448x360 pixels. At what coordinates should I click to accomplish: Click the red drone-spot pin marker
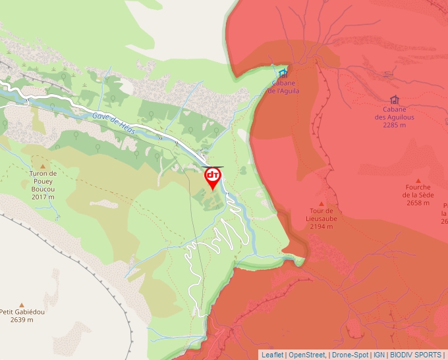[x=213, y=177]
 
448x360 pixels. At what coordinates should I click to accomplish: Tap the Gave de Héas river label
[x=114, y=123]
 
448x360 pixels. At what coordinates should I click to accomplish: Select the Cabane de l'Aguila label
[x=283, y=87]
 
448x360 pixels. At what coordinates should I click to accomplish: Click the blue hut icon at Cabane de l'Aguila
[x=283, y=72]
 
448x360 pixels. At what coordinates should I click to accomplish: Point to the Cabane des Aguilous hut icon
[x=394, y=99]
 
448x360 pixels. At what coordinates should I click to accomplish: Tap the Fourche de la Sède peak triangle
[x=418, y=180]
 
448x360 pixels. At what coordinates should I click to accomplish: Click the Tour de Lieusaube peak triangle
[x=321, y=203]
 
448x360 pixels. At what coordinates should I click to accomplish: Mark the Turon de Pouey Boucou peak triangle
[x=43, y=167]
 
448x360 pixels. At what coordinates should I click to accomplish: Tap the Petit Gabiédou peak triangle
[x=22, y=305]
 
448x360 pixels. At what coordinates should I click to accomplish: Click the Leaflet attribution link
[x=272, y=355]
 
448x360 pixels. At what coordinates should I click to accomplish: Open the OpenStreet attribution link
[x=306, y=355]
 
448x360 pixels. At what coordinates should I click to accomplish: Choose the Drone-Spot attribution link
[x=350, y=355]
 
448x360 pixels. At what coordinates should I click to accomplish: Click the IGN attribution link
[x=379, y=355]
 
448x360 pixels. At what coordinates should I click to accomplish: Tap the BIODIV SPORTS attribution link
[x=416, y=355]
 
